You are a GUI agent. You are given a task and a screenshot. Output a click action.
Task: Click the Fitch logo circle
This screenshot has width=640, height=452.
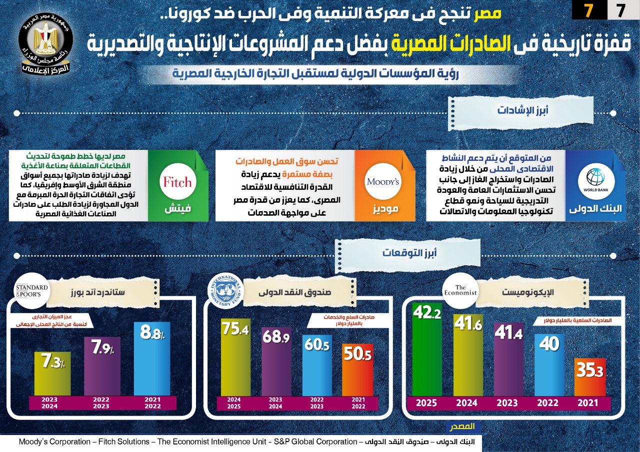coord(177,181)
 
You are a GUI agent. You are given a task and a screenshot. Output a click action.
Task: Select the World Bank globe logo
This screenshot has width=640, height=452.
coord(595,181)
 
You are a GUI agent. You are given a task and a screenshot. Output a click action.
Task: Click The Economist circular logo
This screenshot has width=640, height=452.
coord(460,291)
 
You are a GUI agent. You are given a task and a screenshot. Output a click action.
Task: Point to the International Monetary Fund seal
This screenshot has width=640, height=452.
coord(226,291)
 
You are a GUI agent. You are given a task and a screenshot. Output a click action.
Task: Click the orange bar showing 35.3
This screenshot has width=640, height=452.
coord(590,377)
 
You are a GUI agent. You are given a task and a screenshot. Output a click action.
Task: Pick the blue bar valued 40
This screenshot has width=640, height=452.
coord(549,365)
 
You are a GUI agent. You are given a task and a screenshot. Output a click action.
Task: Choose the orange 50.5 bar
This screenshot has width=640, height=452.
coord(357,370)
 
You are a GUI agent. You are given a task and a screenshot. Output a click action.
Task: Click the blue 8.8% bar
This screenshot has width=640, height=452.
coord(152,359)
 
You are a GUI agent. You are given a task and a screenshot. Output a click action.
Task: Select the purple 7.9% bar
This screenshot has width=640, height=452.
coord(102,366)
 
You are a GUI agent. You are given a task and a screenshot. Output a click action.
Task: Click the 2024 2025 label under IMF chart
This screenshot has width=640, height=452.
coord(234,403)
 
